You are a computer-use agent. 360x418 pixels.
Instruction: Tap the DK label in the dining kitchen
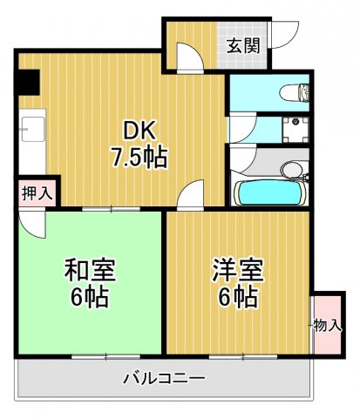[x=139, y=131]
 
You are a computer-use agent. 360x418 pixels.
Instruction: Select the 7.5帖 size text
[x=139, y=158]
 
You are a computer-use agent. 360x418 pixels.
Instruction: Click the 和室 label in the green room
[x=91, y=269]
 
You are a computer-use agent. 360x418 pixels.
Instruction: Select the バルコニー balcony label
[x=163, y=379]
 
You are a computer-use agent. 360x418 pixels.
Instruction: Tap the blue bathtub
[x=269, y=192]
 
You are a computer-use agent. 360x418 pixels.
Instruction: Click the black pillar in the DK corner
[x=27, y=83]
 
